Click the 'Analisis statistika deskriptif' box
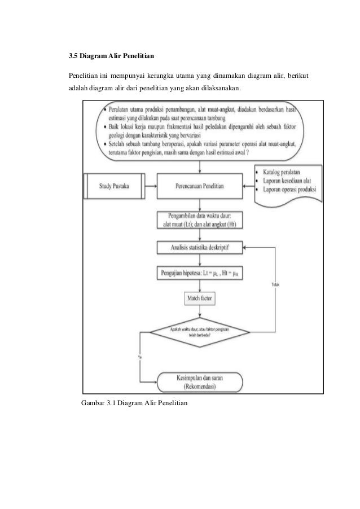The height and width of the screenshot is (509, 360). click(200, 247)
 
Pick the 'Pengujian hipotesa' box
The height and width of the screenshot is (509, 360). click(200, 274)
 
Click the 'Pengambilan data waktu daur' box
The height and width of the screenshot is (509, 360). click(200, 218)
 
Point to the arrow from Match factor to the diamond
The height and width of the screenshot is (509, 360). click(200, 314)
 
